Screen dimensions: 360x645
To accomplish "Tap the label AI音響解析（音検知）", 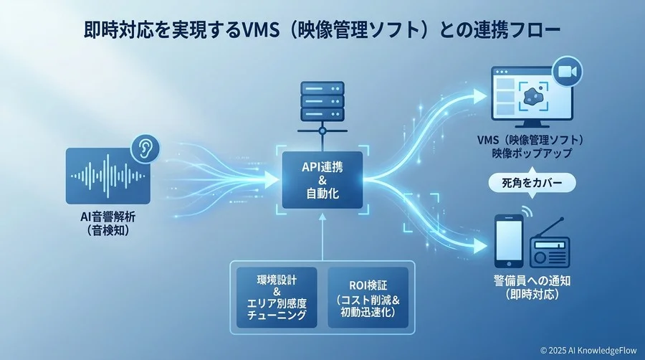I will [x=107, y=224].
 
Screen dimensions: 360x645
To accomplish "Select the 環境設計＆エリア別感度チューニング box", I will [x=276, y=295].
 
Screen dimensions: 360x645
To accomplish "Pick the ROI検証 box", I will [x=367, y=295].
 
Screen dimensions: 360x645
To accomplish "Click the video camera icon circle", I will [x=566, y=71].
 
